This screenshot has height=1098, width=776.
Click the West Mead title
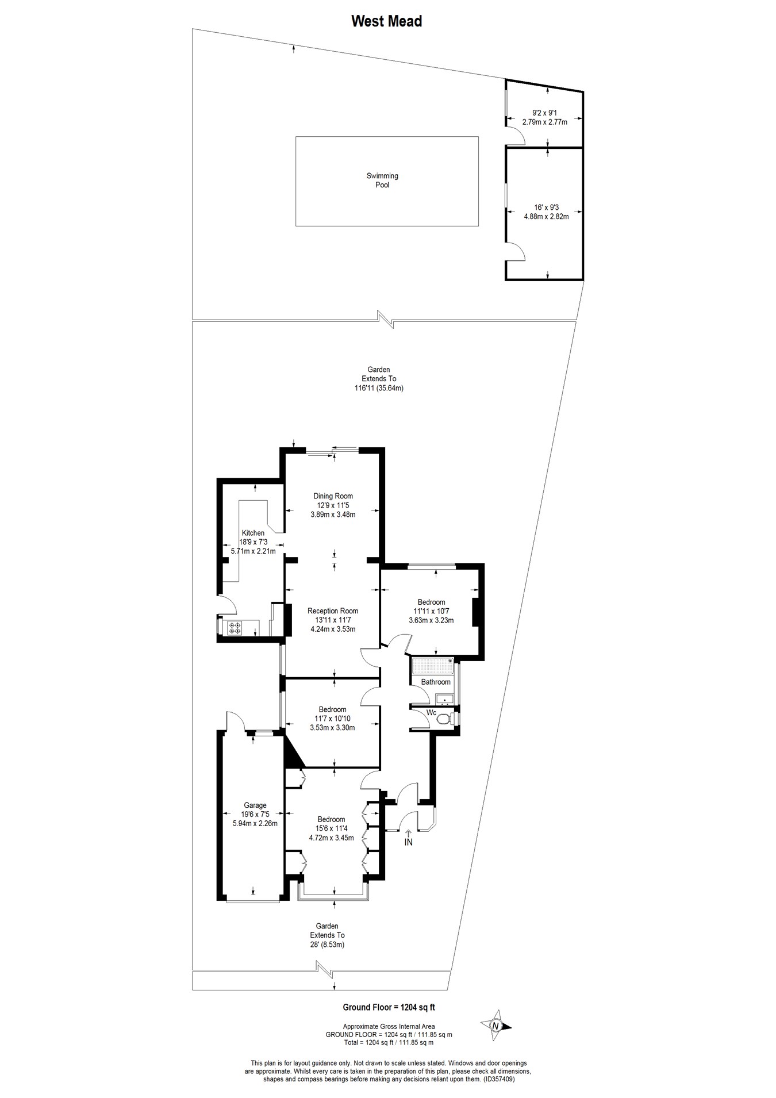tap(386, 21)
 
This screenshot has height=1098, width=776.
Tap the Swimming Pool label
tap(382, 181)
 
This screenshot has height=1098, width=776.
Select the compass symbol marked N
tap(495, 1025)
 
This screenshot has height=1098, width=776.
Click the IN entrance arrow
tap(409, 837)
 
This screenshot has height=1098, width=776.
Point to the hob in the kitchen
tap(235, 628)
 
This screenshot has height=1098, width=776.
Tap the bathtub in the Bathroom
tap(432, 666)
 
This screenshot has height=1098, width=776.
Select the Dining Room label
tap(333, 496)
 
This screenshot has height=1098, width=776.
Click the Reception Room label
tap(333, 611)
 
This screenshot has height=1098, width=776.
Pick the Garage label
tap(255, 805)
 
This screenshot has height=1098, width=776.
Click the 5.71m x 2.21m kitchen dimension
tap(253, 551)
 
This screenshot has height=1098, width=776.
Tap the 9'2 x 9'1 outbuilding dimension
tap(544, 113)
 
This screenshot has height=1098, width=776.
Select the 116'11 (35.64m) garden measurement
tap(379, 388)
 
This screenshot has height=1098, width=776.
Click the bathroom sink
tap(444, 700)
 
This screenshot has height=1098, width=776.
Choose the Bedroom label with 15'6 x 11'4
tap(331, 819)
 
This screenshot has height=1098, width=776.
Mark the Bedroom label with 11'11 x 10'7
tap(431, 602)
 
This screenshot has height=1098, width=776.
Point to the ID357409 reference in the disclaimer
tap(498, 1080)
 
